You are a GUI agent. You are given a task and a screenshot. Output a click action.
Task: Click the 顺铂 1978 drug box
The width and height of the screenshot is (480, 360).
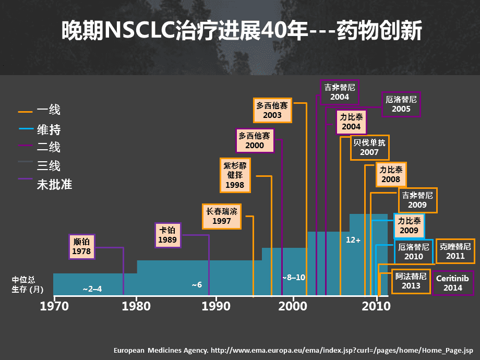82,247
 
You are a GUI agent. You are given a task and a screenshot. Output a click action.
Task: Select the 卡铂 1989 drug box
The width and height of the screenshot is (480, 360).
168,235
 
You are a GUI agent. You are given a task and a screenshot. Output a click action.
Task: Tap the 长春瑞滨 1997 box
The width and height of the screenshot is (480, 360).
222,217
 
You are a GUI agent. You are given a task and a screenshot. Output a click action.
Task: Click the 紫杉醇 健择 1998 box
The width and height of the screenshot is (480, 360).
235,175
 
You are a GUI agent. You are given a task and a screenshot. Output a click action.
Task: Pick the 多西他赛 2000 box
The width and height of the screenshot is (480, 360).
255,141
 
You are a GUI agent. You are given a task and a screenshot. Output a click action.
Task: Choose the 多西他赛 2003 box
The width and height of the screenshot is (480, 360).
272,110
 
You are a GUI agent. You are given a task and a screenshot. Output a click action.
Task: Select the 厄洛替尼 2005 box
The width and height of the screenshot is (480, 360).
401,104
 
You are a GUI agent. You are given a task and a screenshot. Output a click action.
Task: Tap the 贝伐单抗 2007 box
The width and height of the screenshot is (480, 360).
369,148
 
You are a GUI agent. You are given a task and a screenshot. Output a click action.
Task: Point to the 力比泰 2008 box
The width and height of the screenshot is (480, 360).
391,175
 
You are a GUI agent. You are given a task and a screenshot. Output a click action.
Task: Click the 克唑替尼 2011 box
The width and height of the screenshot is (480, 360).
455,251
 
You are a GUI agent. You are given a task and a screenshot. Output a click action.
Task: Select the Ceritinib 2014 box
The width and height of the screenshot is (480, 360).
453,283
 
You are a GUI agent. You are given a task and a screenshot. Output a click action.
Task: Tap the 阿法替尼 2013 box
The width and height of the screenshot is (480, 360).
411,281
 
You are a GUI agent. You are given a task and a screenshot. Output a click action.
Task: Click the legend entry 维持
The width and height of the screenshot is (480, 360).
49,129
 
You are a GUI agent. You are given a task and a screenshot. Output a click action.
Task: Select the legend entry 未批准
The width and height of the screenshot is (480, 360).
54,184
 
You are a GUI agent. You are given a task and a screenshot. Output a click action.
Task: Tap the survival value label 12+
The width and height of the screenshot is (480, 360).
353,240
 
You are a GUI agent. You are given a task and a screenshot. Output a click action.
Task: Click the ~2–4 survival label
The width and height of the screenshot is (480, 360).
92,289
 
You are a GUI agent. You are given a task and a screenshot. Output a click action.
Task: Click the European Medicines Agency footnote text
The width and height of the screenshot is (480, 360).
293,351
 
